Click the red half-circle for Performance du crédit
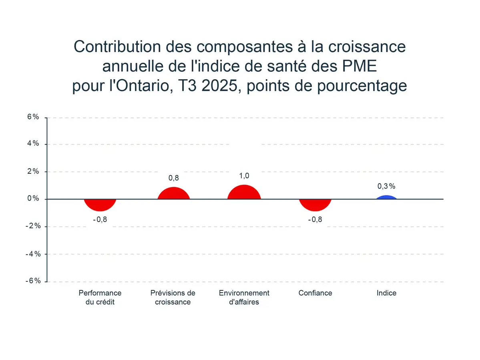point(100,204)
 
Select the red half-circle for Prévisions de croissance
point(173,194)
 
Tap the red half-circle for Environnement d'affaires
point(244,193)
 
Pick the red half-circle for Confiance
point(315,204)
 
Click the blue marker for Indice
point(386,197)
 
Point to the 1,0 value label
point(244,176)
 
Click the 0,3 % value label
point(386,186)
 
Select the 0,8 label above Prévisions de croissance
point(173,178)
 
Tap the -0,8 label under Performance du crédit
point(100,219)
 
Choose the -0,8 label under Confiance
point(315,219)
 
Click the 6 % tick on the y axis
point(33,117)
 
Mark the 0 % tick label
point(33,199)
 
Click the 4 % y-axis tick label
point(33,143)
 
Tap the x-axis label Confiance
point(315,293)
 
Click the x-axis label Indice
point(386,293)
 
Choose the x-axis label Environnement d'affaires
point(244,297)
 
